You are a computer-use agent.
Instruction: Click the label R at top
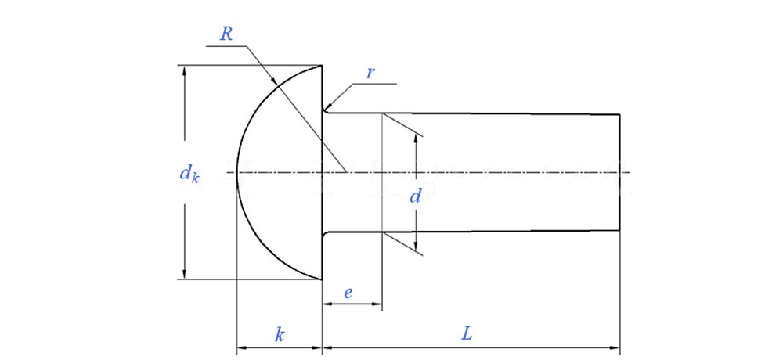point(226,34)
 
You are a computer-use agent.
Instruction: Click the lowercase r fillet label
point(370,72)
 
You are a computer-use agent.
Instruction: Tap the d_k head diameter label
point(189,173)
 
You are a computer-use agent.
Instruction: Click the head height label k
point(280,335)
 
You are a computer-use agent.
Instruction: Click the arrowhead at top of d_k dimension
point(185,71)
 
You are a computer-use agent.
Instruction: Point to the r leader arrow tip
point(327,108)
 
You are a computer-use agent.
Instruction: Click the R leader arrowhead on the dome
point(273,81)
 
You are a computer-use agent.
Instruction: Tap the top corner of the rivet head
point(323,66)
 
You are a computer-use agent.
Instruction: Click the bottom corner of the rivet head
point(323,279)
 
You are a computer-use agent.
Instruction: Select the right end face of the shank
point(620,172)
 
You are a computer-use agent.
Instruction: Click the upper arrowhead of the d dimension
point(417,139)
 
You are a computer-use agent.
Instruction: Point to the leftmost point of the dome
point(236,172)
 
